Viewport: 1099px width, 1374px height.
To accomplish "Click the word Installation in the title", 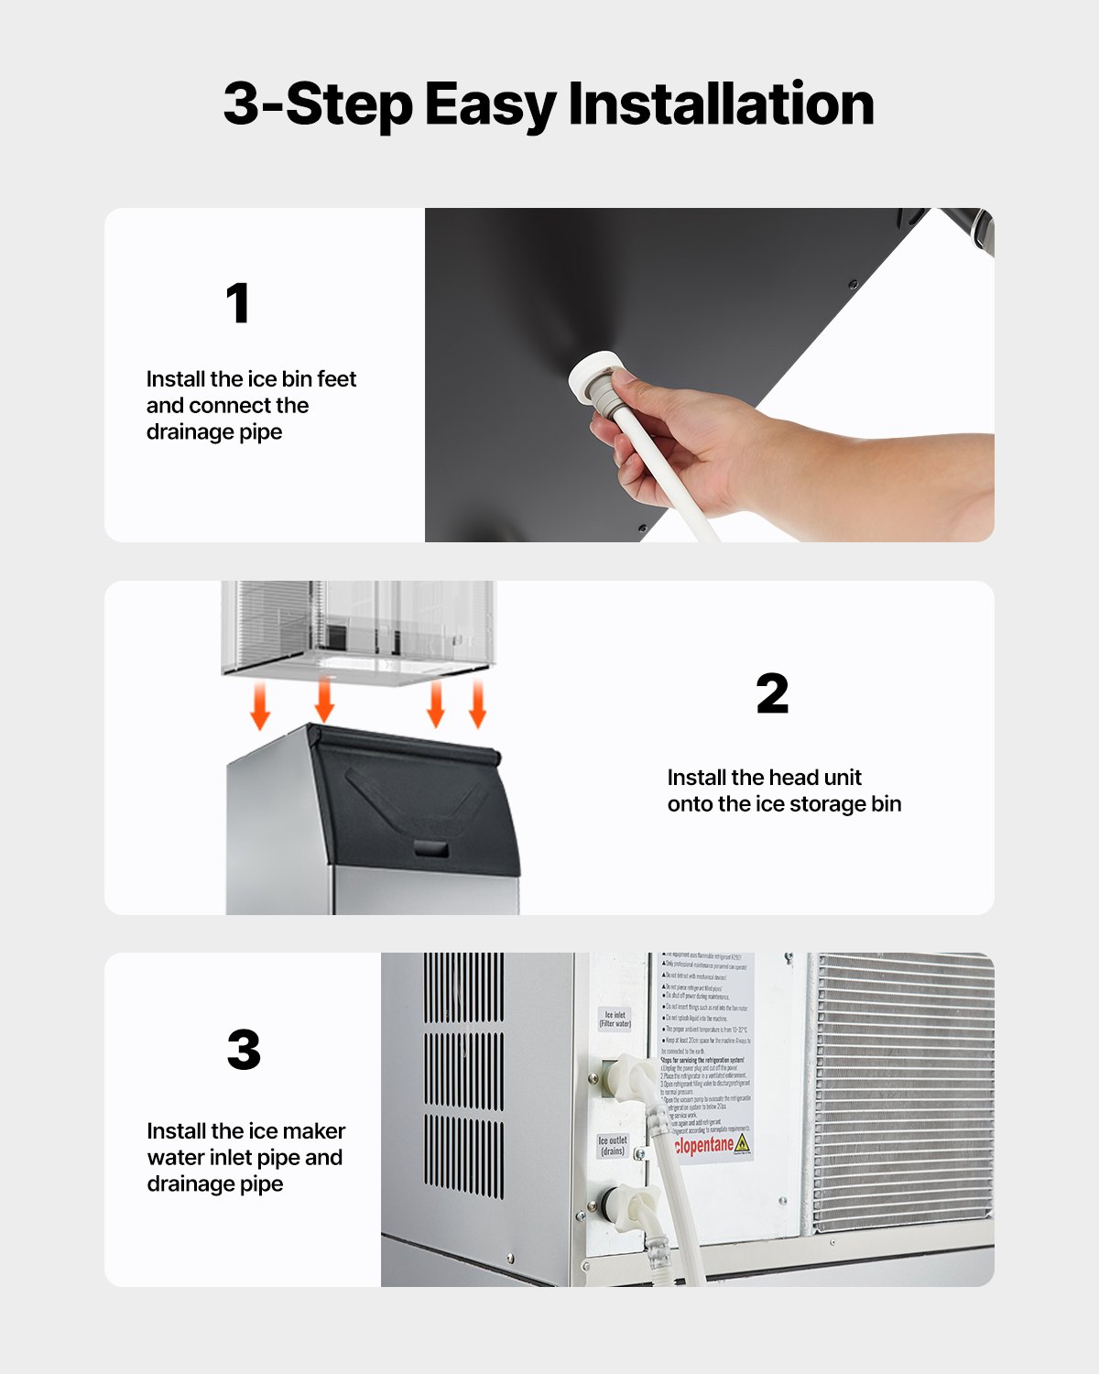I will pyautogui.click(x=721, y=104).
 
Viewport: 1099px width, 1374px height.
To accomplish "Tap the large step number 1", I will pyautogui.click(x=238, y=303).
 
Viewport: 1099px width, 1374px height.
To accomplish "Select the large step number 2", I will pyautogui.click(x=772, y=693).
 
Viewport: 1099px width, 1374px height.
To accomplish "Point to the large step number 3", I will pyautogui.click(x=244, y=1050).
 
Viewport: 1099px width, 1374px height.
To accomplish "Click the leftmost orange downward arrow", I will pyautogui.click(x=261, y=708).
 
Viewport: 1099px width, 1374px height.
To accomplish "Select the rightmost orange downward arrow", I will pyautogui.click(x=477, y=705).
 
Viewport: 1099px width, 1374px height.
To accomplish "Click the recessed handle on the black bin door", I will pyautogui.click(x=431, y=847).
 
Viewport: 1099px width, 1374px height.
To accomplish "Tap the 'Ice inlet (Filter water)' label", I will pyautogui.click(x=615, y=1020).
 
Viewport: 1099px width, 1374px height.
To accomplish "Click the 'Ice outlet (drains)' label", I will pyautogui.click(x=613, y=1146).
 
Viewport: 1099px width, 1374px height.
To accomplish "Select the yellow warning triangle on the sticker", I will pyautogui.click(x=742, y=1143).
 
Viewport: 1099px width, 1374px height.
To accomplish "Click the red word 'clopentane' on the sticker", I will pyautogui.click(x=703, y=1145).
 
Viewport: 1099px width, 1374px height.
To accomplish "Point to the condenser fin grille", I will pyautogui.click(x=902, y=1090).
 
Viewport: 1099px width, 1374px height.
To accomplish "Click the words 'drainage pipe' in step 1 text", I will pyautogui.click(x=214, y=432).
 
